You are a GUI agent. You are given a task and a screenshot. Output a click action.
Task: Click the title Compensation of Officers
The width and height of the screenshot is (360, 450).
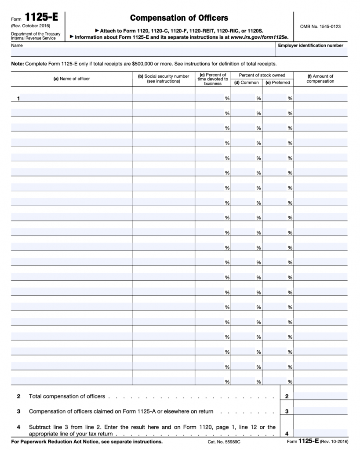coord(179,18)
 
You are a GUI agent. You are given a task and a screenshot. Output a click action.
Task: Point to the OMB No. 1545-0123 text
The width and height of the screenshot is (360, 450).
coord(320,27)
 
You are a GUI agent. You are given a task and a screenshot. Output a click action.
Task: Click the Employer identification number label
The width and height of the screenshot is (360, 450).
coord(310,45)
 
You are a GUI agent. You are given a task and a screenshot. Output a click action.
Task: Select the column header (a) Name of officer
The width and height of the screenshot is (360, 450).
coord(72,79)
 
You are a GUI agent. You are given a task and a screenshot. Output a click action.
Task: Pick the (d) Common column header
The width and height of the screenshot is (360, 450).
coord(247,83)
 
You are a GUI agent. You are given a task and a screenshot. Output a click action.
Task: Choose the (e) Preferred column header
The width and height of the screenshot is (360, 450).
coord(278,83)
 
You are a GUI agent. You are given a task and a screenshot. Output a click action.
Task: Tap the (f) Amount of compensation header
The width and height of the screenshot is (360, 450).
coord(320,79)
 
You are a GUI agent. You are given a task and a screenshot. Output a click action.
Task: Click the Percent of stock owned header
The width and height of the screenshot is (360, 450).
coord(262,76)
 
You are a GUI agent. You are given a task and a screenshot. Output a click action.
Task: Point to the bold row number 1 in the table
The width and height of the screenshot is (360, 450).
coord(18,98)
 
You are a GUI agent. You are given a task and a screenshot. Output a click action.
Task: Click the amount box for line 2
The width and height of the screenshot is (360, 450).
coord(320,396)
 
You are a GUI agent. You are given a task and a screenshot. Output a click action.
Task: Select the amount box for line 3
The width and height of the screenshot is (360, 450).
coord(320,411)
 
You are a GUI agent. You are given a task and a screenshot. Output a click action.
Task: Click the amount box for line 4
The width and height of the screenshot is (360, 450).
coord(320,432)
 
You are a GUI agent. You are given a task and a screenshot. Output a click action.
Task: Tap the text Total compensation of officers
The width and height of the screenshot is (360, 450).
coord(67,396)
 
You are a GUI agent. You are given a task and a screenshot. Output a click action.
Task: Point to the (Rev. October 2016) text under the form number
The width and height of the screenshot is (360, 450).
coord(31,25)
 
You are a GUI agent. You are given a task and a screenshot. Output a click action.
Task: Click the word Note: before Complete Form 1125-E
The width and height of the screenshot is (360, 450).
coord(18,64)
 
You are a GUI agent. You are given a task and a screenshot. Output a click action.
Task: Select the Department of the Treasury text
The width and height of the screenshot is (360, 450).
coord(36,34)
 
